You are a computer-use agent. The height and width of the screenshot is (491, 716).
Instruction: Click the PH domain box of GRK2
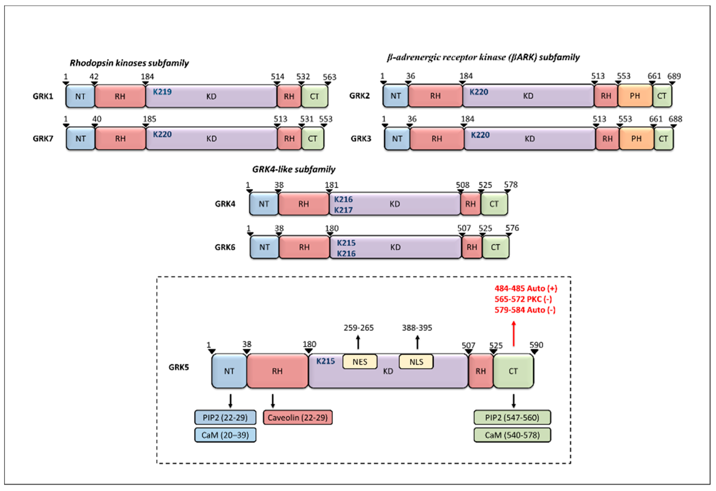[x=635, y=96]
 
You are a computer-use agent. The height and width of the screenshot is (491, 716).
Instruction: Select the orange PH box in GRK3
[x=636, y=139]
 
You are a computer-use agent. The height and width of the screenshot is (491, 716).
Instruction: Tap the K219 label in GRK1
[x=162, y=92]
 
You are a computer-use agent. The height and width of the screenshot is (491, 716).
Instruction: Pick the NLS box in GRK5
[x=416, y=362]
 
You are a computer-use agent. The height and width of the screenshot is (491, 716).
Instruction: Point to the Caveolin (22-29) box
[x=298, y=417]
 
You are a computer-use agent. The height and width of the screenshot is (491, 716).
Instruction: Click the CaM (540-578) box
[x=512, y=435]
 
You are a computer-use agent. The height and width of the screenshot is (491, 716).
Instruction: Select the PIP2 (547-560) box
[x=512, y=417]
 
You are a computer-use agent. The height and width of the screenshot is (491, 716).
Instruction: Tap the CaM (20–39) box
[x=225, y=435]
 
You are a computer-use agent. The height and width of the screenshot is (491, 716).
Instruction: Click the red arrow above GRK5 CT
[x=514, y=334]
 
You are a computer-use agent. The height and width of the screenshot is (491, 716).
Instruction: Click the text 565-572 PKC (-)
[x=523, y=299]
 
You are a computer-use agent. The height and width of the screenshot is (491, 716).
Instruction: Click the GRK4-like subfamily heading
[x=294, y=169]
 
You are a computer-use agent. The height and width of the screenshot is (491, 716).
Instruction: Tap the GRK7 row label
[x=43, y=138]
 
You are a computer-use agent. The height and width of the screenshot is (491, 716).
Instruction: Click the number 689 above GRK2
[x=674, y=76]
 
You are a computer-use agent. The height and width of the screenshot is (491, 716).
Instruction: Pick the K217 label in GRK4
[x=343, y=210]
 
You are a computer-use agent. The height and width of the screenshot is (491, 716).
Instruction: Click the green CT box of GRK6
[x=495, y=247]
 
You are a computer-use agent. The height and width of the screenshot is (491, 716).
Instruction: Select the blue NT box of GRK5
[x=229, y=371]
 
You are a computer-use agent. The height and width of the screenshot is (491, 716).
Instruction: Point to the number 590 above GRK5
[x=536, y=345]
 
